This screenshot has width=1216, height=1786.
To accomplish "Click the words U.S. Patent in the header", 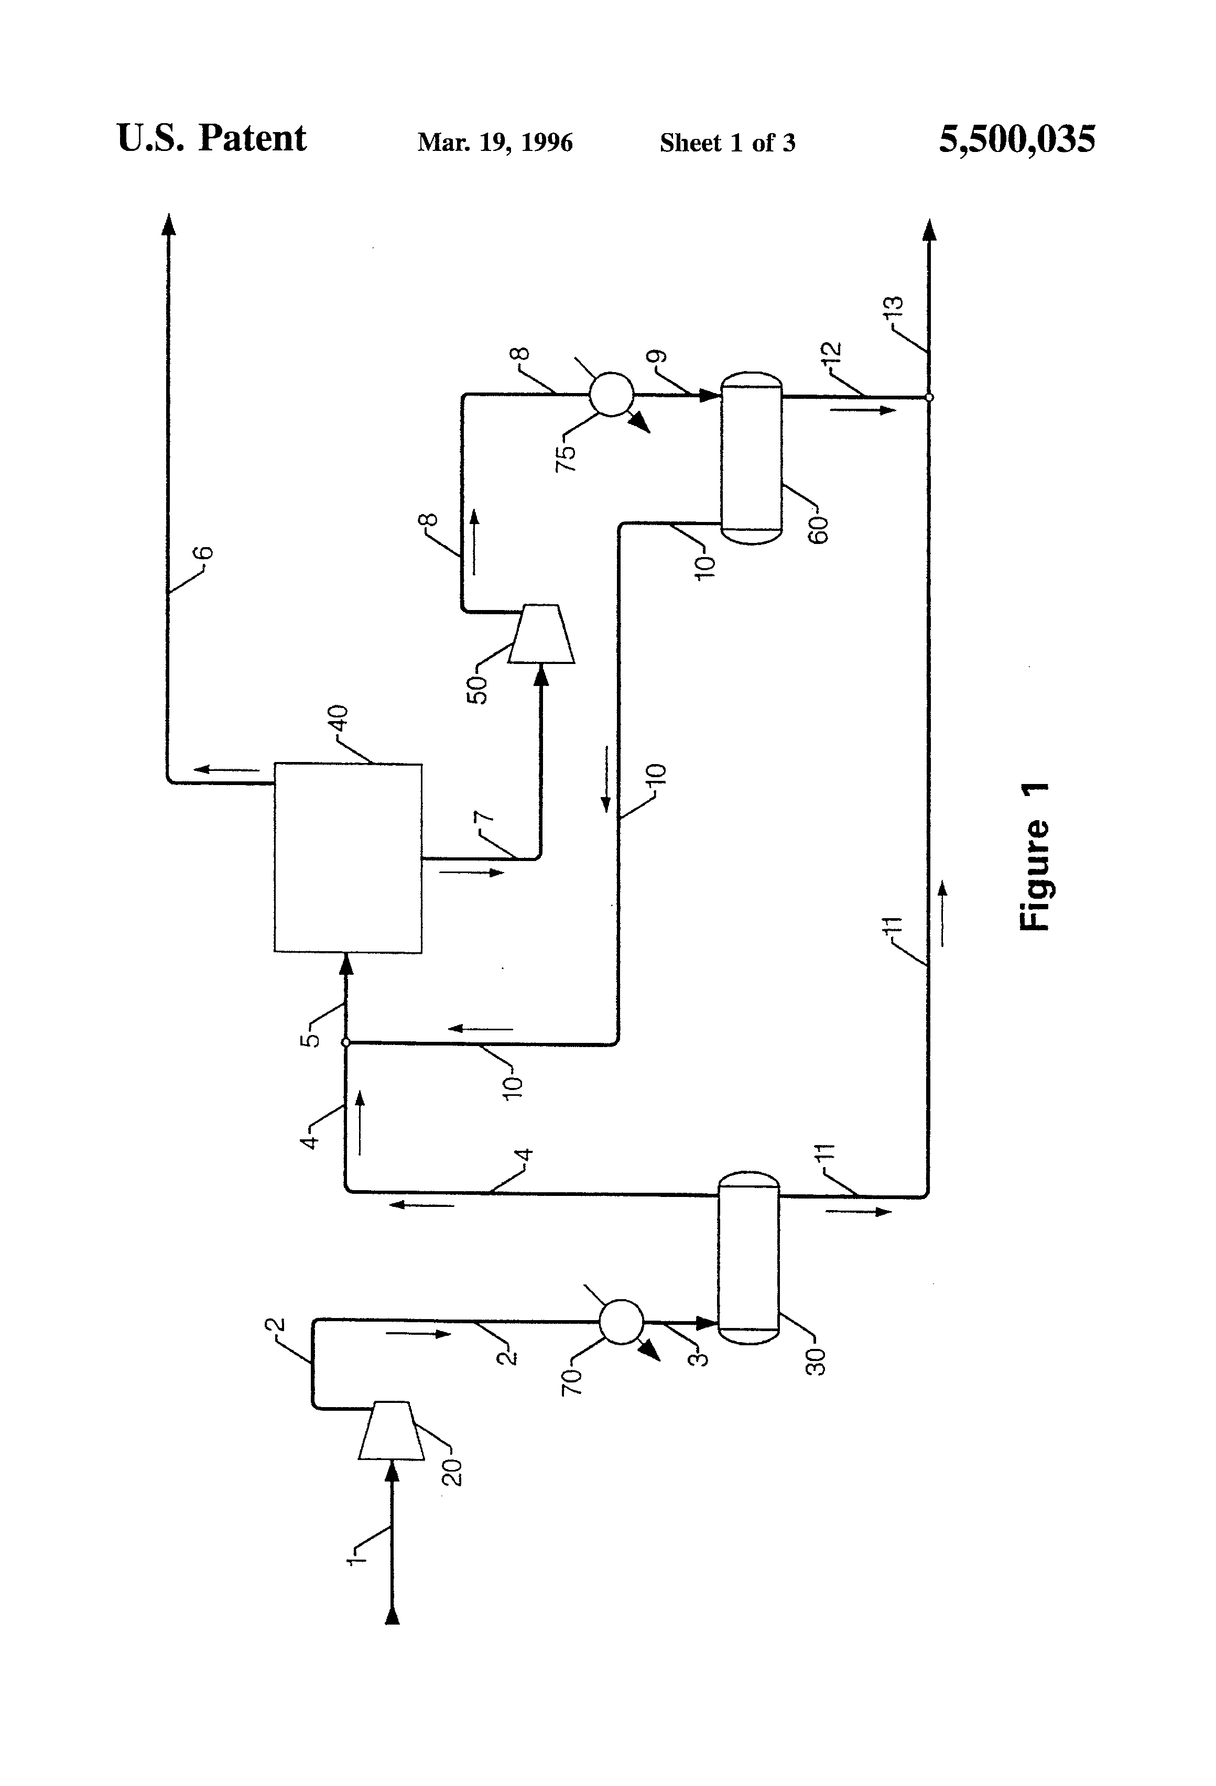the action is [211, 139].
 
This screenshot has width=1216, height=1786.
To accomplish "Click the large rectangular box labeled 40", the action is [348, 858].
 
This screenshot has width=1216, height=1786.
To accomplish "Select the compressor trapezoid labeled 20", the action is [390, 1430].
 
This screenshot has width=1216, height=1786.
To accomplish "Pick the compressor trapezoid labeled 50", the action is [542, 634].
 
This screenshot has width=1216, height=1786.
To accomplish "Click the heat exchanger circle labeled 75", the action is [611, 394].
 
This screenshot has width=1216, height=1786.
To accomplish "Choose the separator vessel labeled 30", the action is [748, 1258].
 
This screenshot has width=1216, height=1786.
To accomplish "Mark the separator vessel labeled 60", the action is [751, 459].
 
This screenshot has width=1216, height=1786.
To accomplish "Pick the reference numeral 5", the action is [310, 1039].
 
